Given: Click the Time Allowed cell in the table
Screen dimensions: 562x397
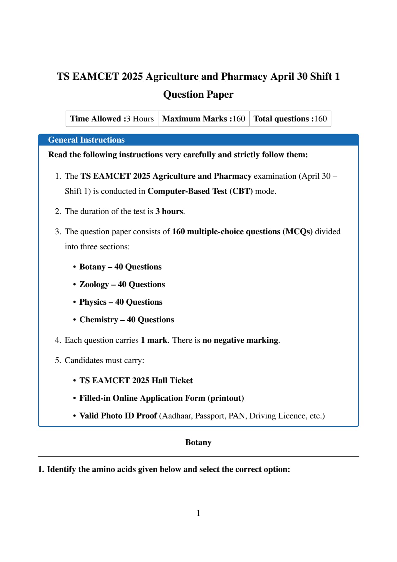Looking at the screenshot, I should [112, 119].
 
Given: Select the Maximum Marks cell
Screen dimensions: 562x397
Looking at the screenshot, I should [203, 119].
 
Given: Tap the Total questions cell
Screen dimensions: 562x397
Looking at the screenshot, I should [290, 119].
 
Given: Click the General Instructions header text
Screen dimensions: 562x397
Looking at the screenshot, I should [86, 140].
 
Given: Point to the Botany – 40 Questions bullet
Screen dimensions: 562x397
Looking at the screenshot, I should [120, 267].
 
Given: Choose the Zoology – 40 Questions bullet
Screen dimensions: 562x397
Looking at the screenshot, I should [122, 285].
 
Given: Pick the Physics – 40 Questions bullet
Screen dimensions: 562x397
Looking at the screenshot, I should [121, 302].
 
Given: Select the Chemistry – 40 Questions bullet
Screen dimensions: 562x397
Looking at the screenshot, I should [126, 320].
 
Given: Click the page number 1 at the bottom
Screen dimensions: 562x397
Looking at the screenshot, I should [198, 513].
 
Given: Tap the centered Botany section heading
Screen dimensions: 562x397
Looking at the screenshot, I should [198, 442].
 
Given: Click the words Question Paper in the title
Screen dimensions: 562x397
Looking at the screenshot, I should [198, 95].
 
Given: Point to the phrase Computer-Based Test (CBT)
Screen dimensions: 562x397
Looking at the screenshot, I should [200, 191].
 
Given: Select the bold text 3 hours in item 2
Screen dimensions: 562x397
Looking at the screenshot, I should [169, 211].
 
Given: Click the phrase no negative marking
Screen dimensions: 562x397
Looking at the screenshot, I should [240, 340].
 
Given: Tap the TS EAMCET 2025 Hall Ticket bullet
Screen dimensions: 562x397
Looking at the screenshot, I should [136, 381].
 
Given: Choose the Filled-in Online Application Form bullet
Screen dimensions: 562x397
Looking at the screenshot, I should [161, 398].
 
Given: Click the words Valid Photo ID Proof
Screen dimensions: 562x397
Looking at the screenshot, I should [118, 416].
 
